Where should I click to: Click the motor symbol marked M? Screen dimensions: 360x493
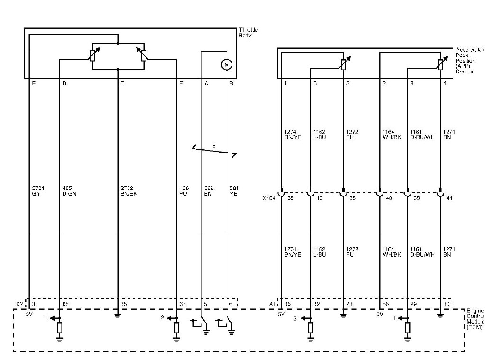click(227, 64)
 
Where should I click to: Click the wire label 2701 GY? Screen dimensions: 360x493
click(37, 191)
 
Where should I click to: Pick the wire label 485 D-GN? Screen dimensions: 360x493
click(69, 191)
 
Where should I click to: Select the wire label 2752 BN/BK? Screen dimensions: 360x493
click(129, 191)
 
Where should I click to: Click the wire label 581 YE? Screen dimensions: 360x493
click(234, 191)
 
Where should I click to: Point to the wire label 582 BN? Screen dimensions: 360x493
click(209, 191)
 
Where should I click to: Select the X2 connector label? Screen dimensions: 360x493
click(19, 303)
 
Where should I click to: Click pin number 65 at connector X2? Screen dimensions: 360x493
click(65, 303)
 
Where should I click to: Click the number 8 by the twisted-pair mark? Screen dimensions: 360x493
click(214, 147)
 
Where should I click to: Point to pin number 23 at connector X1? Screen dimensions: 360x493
click(349, 303)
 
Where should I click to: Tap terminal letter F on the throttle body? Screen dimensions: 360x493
click(181, 84)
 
